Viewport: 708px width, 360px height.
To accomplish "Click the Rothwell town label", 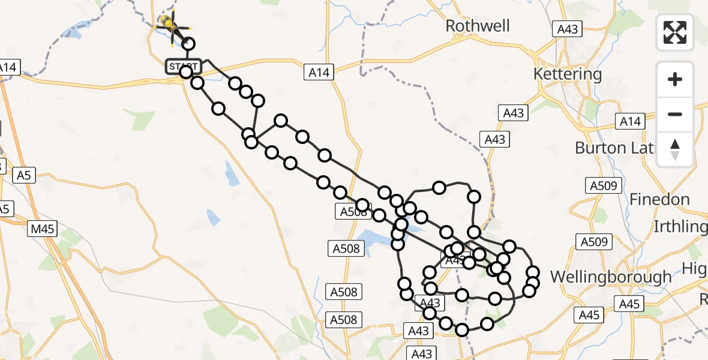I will pos(478,26).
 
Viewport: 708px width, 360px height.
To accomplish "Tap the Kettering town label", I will pos(567,74).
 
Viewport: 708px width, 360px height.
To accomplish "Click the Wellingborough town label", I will pos(611,277).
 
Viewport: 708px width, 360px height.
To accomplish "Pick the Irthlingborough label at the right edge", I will pos(680,227).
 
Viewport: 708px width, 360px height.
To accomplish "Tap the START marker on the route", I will pos(183,67).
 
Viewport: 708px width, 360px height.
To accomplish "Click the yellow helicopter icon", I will pos(169,25).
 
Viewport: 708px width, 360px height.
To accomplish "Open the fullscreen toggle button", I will pos(675,32).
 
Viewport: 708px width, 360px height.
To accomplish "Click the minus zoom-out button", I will pos(675,114).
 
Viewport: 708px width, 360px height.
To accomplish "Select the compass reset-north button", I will pos(675,149).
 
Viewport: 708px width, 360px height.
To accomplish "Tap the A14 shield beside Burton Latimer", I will pos(631,122).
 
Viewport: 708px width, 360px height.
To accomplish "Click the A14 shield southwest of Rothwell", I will pos(320,73).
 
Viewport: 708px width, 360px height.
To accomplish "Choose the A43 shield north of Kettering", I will pos(567,29).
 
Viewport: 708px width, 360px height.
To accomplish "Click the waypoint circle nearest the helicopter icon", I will pos(189,44).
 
